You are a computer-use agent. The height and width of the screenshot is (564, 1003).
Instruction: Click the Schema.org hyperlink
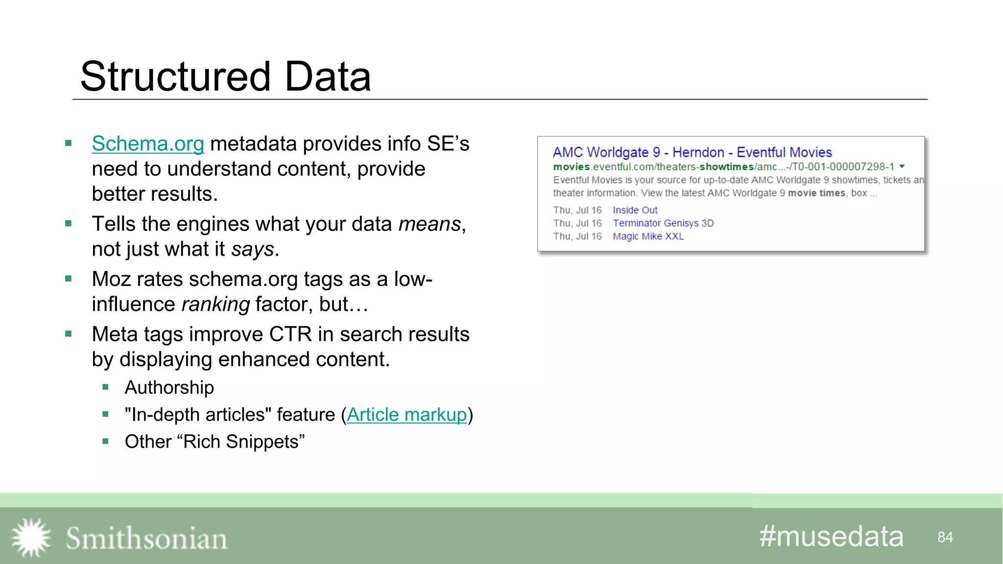148,144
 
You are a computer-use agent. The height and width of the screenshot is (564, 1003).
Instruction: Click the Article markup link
406,415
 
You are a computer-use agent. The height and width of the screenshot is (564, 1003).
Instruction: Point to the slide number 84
945,537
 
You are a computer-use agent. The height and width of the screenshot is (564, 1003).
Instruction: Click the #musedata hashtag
831,536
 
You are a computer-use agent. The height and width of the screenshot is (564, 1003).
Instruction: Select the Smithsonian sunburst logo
31,538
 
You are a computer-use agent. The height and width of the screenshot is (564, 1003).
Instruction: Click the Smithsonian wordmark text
146,539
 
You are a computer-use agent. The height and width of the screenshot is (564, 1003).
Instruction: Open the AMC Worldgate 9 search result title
692,152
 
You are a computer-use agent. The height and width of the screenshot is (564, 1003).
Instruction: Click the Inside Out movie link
635,210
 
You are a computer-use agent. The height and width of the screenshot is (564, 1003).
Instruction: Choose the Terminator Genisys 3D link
663,223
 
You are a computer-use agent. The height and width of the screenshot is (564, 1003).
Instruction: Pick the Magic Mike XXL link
648,236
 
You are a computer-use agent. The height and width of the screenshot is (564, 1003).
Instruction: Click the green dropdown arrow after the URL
902,166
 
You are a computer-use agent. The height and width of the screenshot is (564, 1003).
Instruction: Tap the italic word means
430,224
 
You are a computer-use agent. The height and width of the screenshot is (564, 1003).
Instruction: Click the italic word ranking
215,305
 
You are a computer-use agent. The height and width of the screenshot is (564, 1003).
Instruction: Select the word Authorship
169,388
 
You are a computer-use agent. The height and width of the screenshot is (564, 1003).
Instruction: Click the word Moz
111,280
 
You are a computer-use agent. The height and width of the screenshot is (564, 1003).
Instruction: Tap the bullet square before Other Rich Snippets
105,442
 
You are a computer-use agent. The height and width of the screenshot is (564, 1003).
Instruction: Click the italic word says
252,250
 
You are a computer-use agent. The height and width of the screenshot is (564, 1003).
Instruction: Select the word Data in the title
327,77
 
